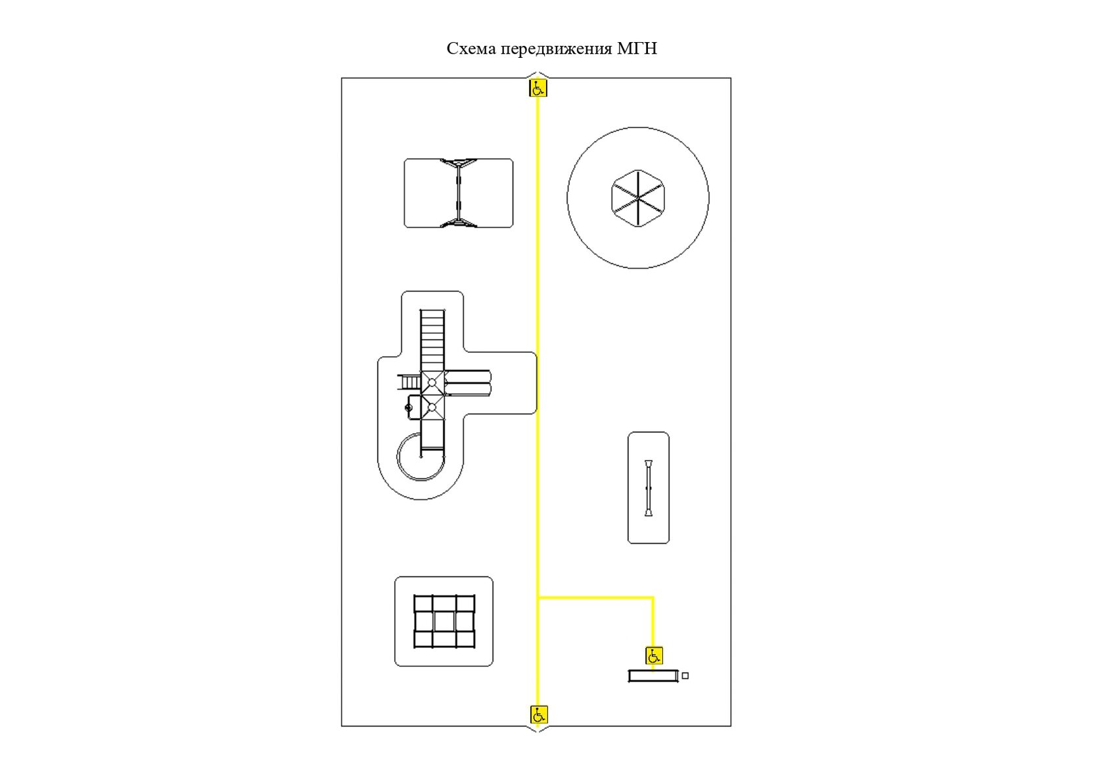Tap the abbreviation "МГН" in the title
(x=637, y=48)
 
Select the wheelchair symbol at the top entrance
(x=538, y=88)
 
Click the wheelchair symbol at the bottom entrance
(x=539, y=714)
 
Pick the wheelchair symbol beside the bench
(x=654, y=656)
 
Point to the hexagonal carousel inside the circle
(x=637, y=198)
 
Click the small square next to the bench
(x=685, y=676)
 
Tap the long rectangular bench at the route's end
(x=653, y=676)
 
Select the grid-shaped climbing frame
(x=444, y=622)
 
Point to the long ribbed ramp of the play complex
(x=432, y=340)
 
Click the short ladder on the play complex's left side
(x=409, y=382)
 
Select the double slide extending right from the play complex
(x=468, y=383)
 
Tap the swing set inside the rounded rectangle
(x=459, y=193)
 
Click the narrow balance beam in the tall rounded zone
(x=649, y=488)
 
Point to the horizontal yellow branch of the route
(x=596, y=598)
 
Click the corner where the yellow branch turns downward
(x=653, y=598)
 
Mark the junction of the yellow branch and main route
(x=538, y=598)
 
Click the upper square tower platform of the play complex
(x=432, y=383)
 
